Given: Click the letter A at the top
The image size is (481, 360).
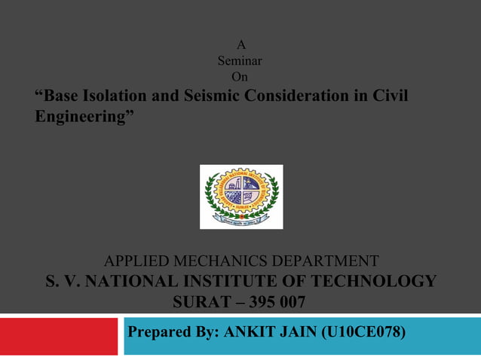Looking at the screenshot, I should click(x=240, y=44).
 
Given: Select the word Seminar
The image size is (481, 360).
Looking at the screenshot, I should click(x=240, y=60).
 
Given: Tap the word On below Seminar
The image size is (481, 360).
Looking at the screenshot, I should click(x=240, y=76).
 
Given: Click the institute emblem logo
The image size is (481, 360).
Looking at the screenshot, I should click(x=241, y=197).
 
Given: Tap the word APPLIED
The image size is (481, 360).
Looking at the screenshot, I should click(x=135, y=262).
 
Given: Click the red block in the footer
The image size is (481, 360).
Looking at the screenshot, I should click(x=59, y=336).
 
